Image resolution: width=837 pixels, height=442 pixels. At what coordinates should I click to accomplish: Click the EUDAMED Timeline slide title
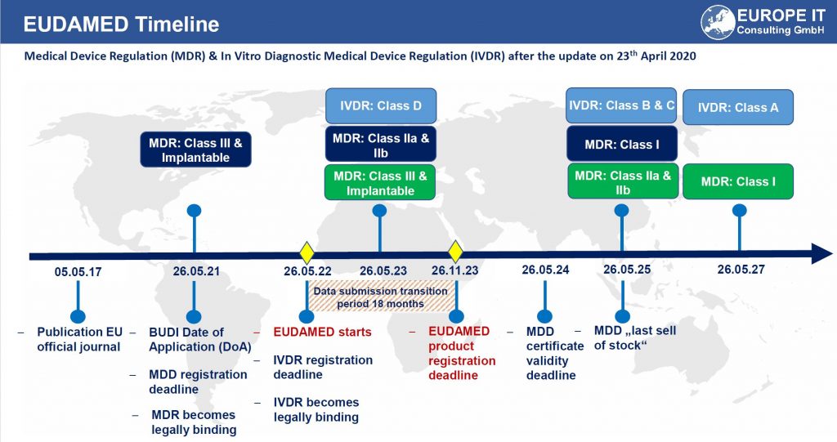[121, 24]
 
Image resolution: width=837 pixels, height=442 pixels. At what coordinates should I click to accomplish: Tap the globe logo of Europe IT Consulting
[717, 21]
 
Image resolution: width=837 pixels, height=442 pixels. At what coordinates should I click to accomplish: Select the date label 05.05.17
[78, 271]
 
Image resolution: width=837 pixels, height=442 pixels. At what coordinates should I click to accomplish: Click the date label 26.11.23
[455, 271]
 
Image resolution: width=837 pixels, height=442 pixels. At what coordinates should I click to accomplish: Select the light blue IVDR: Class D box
[380, 106]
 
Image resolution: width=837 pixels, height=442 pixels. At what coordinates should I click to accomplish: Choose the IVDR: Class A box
[738, 107]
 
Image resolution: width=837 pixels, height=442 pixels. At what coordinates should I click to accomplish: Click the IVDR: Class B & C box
[622, 105]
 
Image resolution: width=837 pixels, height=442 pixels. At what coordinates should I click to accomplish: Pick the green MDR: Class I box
[738, 181]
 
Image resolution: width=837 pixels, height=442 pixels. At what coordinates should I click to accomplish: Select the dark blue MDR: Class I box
[622, 144]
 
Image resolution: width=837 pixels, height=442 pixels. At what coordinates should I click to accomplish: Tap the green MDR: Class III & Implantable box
[380, 183]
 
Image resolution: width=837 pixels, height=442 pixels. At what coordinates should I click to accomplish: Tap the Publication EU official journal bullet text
[78, 339]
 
